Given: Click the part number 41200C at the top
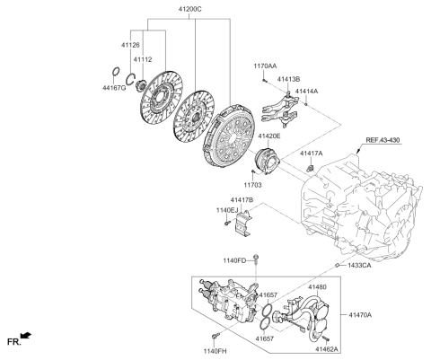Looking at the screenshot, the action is point(190,9).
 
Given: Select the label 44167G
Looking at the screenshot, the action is point(114,88).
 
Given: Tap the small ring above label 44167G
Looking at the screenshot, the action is point(116,72).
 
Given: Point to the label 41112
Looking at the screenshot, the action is point(143,59).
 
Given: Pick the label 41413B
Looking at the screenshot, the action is point(288,79).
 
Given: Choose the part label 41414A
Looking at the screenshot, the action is point(306,91).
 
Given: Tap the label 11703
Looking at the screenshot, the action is point(252,185).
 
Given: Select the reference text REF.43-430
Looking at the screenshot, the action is point(383,140).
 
